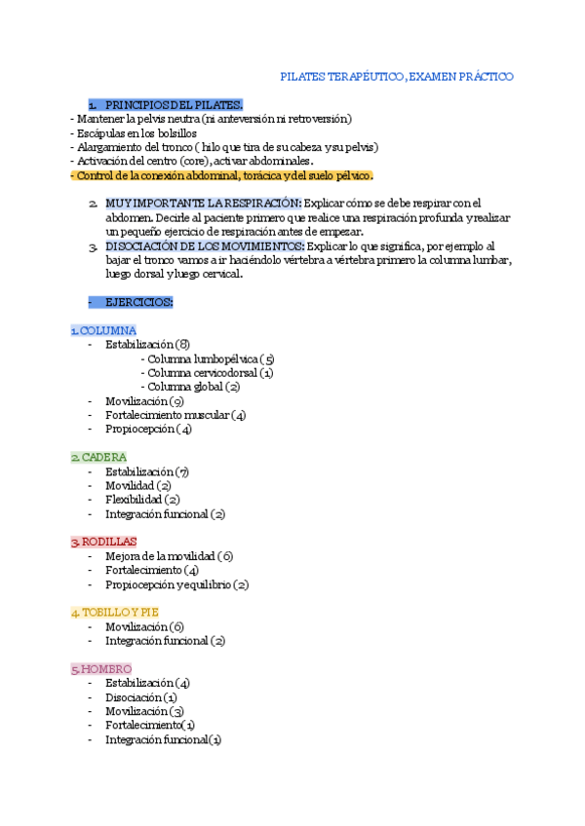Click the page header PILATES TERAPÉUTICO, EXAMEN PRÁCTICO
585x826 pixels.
(x=396, y=76)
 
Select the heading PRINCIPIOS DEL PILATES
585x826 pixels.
(x=174, y=104)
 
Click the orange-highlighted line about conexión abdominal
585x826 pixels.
(x=222, y=175)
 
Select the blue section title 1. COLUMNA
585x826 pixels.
(x=103, y=330)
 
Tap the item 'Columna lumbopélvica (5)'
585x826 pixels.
(x=207, y=358)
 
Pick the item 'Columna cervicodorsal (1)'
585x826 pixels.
(x=207, y=372)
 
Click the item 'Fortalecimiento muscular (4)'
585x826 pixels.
(x=175, y=415)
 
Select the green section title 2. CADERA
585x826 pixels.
(x=98, y=457)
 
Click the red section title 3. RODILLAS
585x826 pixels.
(x=103, y=542)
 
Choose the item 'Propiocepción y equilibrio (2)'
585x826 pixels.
(x=176, y=584)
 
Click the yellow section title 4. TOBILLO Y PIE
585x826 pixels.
(x=114, y=613)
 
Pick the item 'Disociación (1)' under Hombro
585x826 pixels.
(x=141, y=697)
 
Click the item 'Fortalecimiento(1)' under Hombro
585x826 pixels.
(x=150, y=726)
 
